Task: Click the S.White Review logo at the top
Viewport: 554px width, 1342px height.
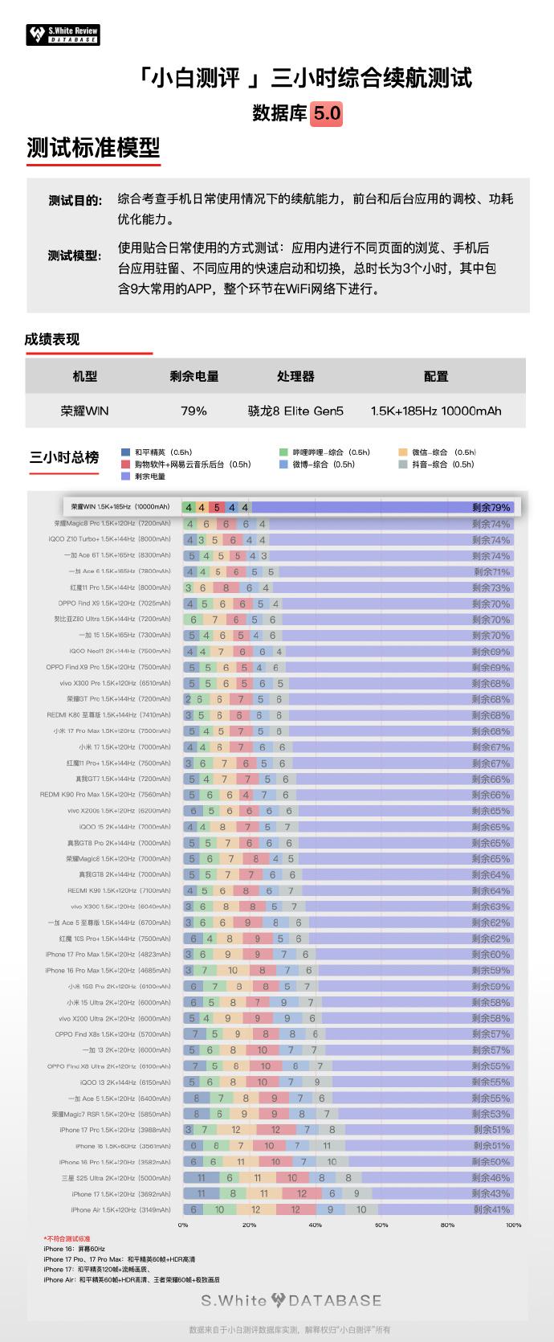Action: [63, 35]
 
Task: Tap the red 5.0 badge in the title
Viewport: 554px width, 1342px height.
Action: [327, 113]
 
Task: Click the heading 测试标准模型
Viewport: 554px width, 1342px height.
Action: [93, 148]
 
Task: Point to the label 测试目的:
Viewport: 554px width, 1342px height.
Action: [75, 200]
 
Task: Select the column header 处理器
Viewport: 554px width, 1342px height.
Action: [295, 376]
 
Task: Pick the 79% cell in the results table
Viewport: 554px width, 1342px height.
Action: [193, 411]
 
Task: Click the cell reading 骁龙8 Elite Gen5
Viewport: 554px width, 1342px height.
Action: [295, 411]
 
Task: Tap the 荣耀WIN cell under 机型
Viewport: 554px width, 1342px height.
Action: [84, 411]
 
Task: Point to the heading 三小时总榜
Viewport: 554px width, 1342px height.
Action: [64, 457]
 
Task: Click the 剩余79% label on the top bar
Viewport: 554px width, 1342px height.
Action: [491, 507]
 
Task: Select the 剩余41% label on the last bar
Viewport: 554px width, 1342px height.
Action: [491, 1209]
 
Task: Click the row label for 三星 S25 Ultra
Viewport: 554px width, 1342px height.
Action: [116, 1177]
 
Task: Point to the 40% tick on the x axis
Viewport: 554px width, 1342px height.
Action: [315, 1225]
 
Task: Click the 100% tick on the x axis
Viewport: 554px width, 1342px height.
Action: [513, 1225]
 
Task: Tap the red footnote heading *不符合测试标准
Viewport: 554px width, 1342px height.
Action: [67, 1239]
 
